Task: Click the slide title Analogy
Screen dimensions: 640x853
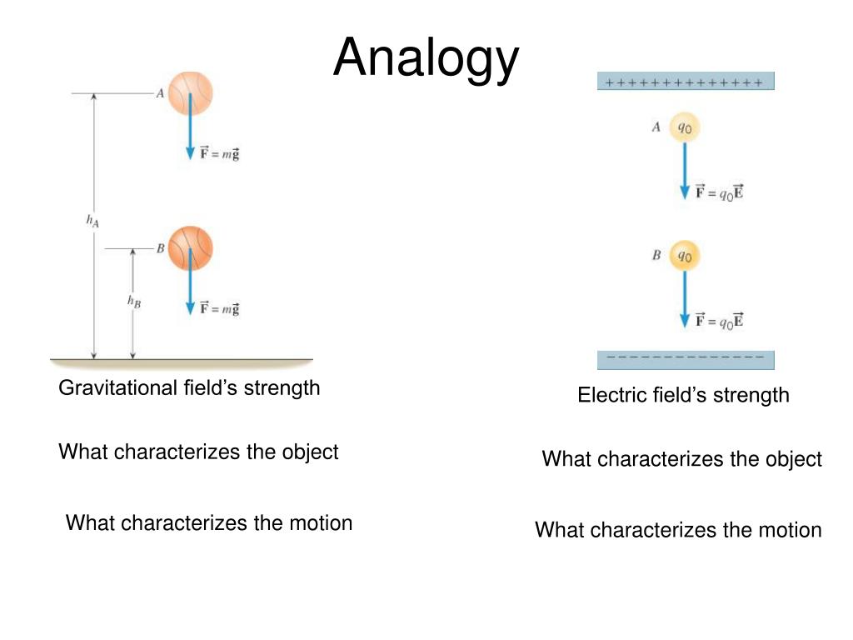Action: tap(426, 58)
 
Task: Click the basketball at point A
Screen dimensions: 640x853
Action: tap(191, 92)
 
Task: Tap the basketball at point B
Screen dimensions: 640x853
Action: tap(191, 247)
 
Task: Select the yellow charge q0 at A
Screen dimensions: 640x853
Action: tap(685, 127)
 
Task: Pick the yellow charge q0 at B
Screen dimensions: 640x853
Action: tap(685, 256)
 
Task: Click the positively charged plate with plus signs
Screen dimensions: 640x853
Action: tap(686, 82)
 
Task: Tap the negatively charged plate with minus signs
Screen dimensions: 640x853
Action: tap(686, 359)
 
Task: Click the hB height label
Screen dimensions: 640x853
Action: tap(133, 302)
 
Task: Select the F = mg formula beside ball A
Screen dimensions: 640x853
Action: tap(220, 153)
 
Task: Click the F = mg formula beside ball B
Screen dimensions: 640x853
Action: tap(220, 308)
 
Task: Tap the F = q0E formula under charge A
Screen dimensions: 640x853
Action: tap(720, 192)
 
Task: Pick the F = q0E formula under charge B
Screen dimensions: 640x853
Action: tap(720, 320)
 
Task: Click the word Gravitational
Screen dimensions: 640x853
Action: tap(117, 388)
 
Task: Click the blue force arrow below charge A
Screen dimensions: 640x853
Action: tap(685, 171)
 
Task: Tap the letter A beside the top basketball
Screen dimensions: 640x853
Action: tap(160, 94)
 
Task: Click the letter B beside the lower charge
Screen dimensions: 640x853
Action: tap(656, 255)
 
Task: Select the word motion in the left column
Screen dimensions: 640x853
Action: tap(321, 523)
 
